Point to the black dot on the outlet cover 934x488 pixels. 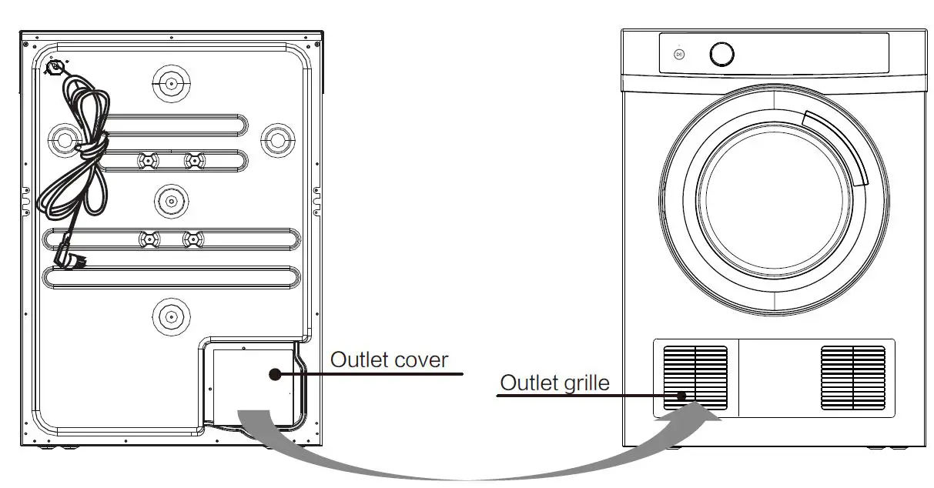click(x=274, y=374)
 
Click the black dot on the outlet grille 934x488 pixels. click(x=681, y=396)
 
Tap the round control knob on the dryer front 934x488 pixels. click(x=721, y=54)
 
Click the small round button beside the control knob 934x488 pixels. click(x=679, y=54)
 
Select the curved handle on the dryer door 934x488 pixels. click(x=838, y=146)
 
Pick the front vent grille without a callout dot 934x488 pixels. click(x=853, y=378)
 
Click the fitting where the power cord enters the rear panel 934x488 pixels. click(x=55, y=68)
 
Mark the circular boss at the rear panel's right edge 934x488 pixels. click(x=274, y=139)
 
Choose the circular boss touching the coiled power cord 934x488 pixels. click(x=63, y=139)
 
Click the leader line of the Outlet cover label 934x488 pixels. click(x=370, y=374)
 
